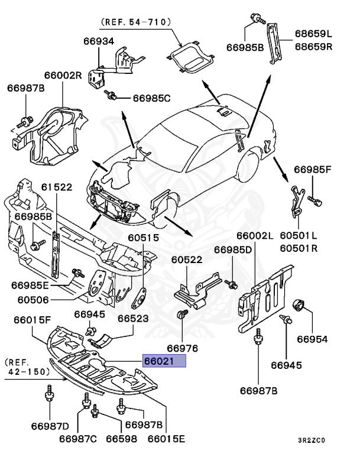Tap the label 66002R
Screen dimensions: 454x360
click(62, 76)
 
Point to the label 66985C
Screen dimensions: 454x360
click(151, 98)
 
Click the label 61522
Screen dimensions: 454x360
click(56, 187)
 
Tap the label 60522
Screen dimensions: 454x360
click(187, 260)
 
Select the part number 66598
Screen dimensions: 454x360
click(122, 439)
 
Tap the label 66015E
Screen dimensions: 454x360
click(166, 439)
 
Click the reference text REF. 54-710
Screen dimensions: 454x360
click(137, 22)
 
